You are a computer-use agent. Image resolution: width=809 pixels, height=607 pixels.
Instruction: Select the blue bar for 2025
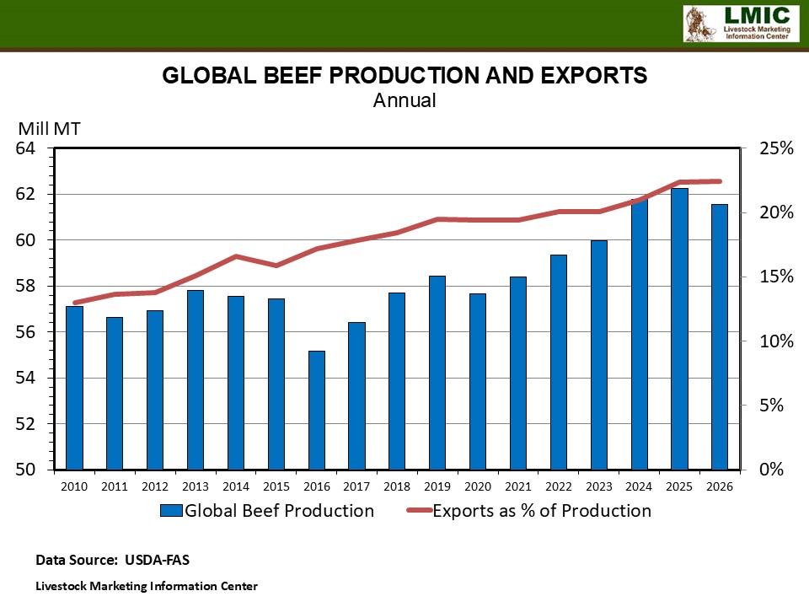click(x=680, y=329)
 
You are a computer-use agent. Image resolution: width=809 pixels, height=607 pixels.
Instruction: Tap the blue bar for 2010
click(x=75, y=387)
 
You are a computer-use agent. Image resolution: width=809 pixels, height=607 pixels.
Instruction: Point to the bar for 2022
click(x=559, y=362)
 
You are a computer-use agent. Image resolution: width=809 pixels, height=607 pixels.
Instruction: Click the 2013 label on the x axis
click(x=196, y=486)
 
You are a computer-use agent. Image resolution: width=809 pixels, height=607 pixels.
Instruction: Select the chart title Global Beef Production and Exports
click(x=404, y=76)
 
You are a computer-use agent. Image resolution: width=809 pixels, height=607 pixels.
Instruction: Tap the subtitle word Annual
click(x=404, y=100)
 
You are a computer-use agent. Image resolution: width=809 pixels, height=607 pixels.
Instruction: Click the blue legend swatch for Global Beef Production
click(x=170, y=511)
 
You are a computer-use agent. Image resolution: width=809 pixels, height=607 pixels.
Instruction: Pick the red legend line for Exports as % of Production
click(x=419, y=511)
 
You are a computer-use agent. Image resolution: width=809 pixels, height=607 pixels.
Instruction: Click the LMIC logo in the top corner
click(x=739, y=24)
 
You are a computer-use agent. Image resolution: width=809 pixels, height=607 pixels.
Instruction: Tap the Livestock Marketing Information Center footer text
click(x=146, y=586)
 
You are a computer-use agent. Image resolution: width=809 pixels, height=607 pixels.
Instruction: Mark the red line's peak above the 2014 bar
click(x=237, y=255)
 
